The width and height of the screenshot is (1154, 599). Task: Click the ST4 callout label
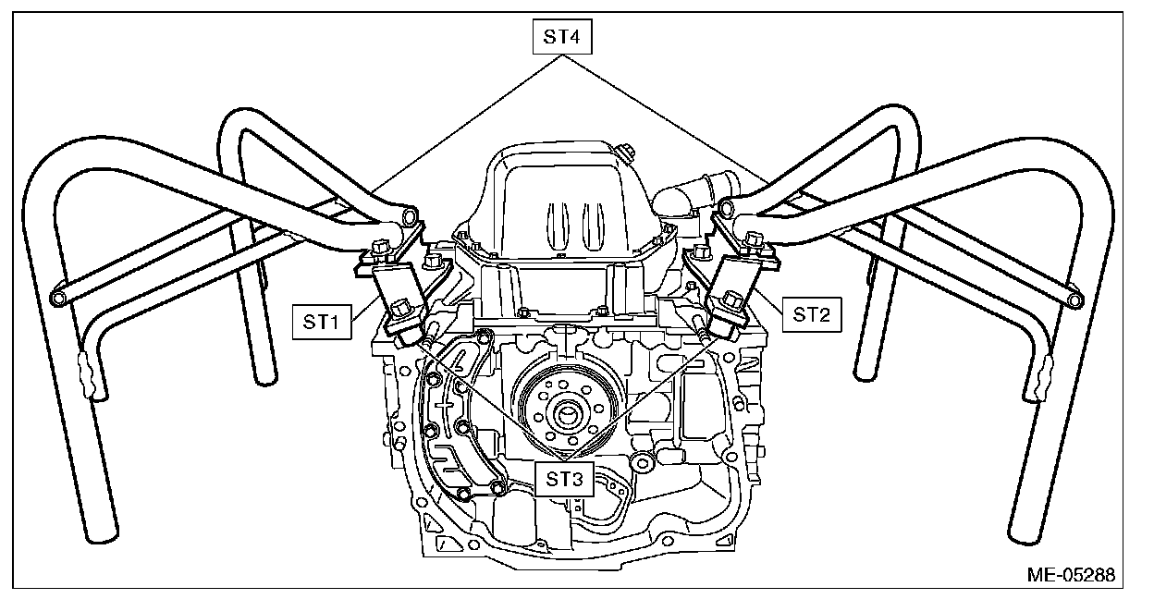562,38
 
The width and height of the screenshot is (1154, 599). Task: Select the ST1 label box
321,323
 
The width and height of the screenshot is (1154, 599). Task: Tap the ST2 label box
810,315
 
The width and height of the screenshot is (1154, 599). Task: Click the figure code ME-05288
1069,574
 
